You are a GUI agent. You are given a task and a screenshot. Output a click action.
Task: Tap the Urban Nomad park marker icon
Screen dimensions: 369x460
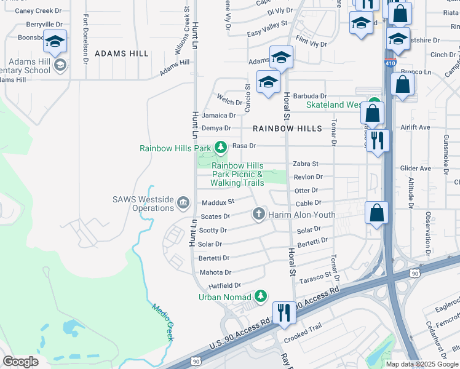click(x=261, y=296)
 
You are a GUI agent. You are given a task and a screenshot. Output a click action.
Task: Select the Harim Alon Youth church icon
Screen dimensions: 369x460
click(x=259, y=214)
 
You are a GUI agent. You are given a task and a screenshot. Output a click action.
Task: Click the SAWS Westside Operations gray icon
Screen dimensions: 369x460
click(x=183, y=202)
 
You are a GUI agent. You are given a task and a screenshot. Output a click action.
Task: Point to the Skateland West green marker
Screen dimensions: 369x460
click(x=375, y=105)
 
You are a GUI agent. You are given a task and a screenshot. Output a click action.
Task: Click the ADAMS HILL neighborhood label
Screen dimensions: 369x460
click(x=121, y=54)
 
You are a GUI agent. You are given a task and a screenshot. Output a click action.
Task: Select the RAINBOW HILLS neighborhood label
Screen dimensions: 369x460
click(x=287, y=129)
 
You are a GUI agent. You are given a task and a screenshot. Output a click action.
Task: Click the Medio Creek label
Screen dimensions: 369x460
click(x=162, y=323)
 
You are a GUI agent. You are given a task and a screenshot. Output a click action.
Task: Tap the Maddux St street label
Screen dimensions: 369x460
click(x=218, y=202)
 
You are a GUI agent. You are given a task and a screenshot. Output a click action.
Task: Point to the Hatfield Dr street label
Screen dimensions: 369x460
click(x=224, y=286)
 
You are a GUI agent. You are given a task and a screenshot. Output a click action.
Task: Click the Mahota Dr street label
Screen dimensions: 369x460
click(x=215, y=272)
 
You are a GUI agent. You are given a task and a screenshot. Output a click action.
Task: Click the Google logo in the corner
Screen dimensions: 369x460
click(x=20, y=362)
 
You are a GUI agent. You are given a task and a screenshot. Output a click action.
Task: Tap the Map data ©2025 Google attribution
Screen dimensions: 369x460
click(x=421, y=364)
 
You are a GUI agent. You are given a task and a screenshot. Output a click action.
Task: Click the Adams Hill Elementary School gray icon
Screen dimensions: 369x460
click(x=60, y=65)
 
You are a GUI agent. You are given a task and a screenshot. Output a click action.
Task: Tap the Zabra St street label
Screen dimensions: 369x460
click(x=305, y=164)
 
